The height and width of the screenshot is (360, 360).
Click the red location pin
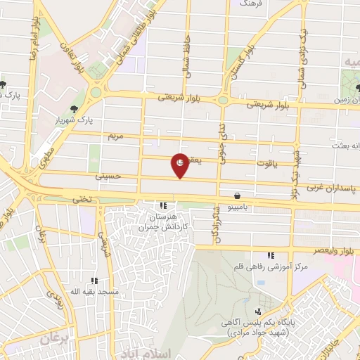click(181, 165)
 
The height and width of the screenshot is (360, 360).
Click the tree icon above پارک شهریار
click(74, 108)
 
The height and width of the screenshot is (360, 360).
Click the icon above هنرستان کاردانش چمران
click(164, 206)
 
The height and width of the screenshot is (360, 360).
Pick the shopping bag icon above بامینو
click(240, 195)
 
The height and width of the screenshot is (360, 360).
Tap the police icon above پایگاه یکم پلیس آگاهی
click(259, 311)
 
